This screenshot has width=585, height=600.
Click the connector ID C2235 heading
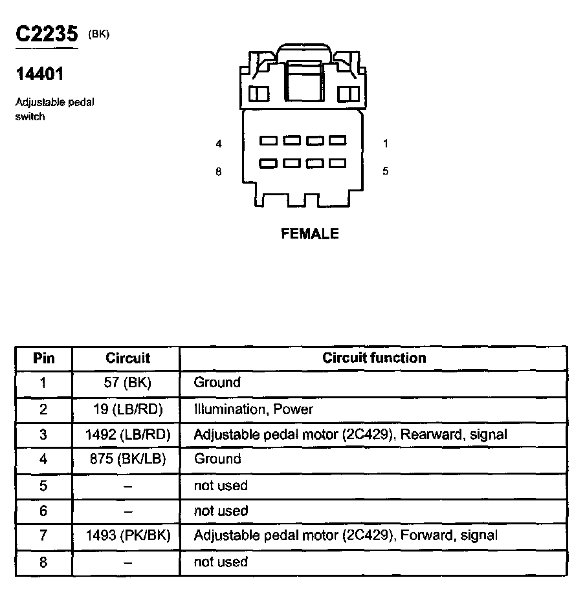[47, 35]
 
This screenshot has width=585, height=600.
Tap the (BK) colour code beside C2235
[99, 34]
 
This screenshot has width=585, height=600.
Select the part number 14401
[39, 74]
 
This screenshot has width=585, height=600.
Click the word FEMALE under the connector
[310, 234]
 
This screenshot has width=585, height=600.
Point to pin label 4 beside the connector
[219, 144]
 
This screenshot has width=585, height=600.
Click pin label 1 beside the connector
[385, 144]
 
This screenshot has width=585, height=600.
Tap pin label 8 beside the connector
[219, 172]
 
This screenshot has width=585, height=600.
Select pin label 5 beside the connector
[385, 171]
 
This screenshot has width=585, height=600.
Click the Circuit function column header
[374, 358]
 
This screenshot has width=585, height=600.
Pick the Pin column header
[44, 358]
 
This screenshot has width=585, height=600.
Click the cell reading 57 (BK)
[127, 383]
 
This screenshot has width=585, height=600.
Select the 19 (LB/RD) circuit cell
[127, 409]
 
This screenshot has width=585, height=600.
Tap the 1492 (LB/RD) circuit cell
[127, 434]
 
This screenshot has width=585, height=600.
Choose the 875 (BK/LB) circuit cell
[127, 460]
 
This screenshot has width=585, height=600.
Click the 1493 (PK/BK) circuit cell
[127, 535]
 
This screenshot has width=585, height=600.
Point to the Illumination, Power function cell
[253, 409]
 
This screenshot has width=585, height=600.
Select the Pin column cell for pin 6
[43, 511]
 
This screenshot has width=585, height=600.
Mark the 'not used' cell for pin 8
[221, 562]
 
